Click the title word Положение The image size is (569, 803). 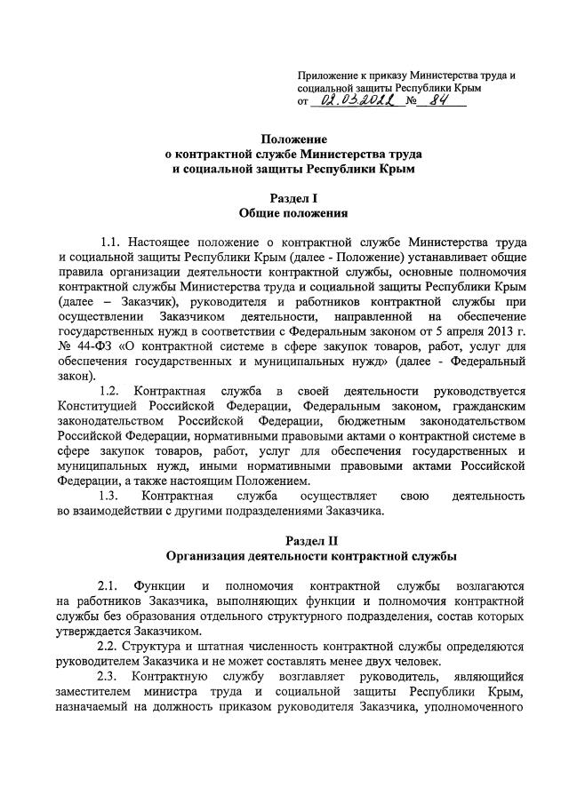click(x=293, y=139)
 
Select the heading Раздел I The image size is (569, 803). click(x=293, y=199)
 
